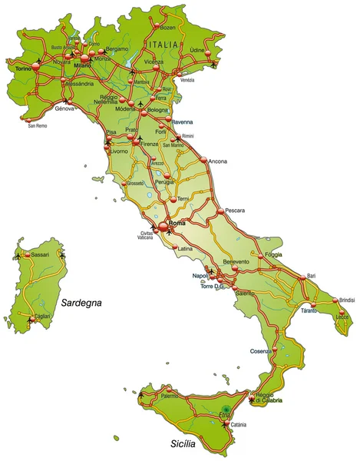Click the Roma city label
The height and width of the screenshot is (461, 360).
click(x=177, y=224)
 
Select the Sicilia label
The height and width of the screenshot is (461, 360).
click(x=183, y=444)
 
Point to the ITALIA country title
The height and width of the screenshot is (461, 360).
click(x=168, y=46)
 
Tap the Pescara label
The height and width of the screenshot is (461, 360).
click(x=235, y=210)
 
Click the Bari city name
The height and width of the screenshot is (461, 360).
click(x=311, y=275)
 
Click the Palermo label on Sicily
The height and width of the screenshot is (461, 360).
click(x=170, y=396)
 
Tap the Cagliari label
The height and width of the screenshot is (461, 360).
click(x=43, y=316)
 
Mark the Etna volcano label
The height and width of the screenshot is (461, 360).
click(x=224, y=415)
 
